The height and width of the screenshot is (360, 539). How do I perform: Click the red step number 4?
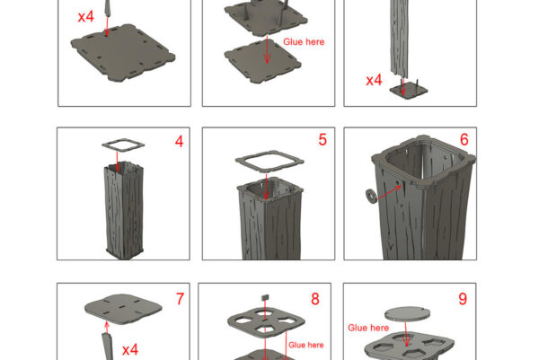pos(179,141)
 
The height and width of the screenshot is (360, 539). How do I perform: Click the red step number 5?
pos(323,139)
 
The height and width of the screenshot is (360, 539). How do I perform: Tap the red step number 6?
pos(464,139)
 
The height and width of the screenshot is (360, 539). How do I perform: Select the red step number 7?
pos(181,299)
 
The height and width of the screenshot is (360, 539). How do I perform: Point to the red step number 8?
pos(315,299)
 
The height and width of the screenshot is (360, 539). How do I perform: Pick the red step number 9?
pos(463,299)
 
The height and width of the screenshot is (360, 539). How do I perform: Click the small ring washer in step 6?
pos(371,196)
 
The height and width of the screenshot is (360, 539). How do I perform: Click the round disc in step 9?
pos(407,314)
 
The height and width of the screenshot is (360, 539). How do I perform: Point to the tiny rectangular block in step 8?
pos(265,297)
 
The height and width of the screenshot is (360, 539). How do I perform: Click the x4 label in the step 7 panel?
pos(130,350)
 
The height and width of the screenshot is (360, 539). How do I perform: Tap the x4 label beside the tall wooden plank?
pos(374,80)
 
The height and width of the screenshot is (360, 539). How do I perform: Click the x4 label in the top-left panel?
pos(86,16)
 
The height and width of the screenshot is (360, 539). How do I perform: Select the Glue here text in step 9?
pos(368,328)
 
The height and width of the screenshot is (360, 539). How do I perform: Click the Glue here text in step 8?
pos(306,345)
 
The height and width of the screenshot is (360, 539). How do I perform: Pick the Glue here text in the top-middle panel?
pos(304,41)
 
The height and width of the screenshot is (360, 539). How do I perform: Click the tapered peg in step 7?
pos(107,347)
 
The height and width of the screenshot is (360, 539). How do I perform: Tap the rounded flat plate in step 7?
pos(123,309)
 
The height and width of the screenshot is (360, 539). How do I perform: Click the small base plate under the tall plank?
pos(409,91)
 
